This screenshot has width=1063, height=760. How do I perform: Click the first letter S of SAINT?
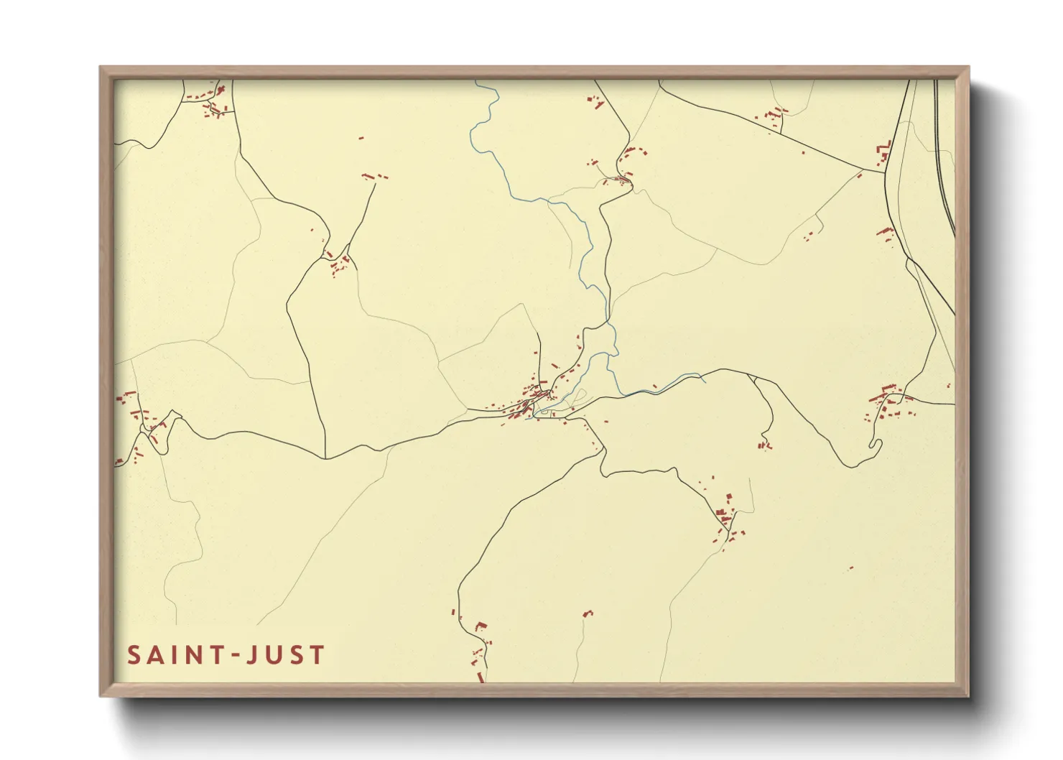click(x=134, y=655)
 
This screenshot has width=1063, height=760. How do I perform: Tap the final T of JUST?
click(x=317, y=655)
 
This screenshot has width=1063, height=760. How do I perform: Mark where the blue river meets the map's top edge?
click(x=476, y=81)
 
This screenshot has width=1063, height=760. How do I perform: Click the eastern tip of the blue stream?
click(x=705, y=381)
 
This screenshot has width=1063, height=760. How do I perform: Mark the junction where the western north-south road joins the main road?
click(x=326, y=458)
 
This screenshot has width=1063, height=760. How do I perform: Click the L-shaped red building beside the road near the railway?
click(x=883, y=152)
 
